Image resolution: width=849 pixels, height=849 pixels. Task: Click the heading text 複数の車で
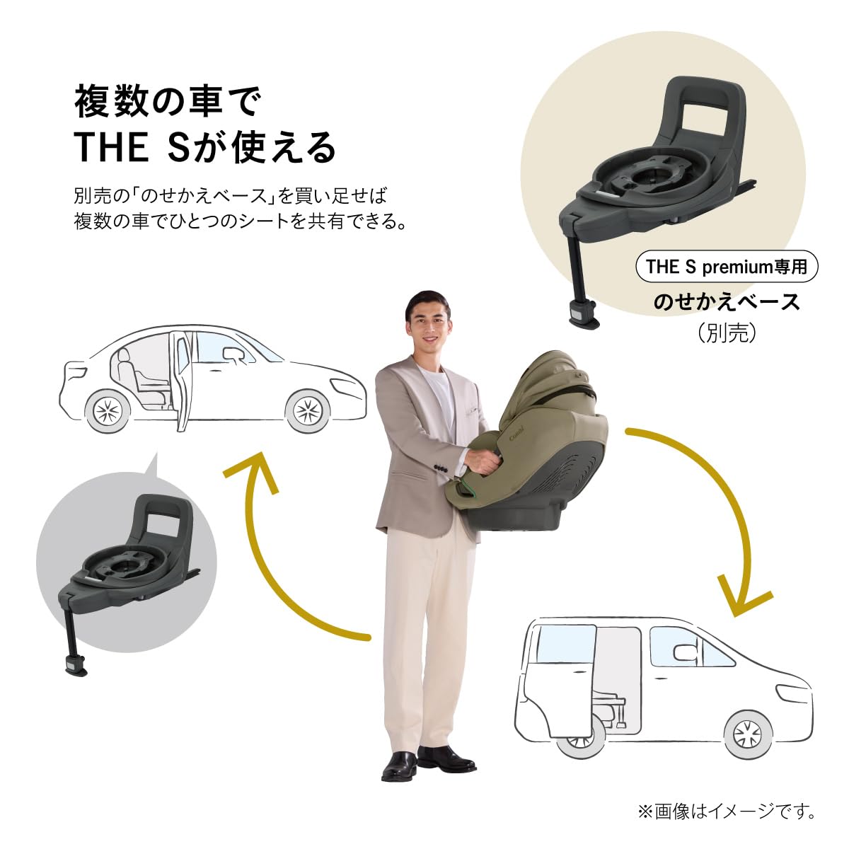pyautogui.click(x=168, y=103)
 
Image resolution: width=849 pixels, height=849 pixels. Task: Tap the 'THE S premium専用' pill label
pyautogui.click(x=727, y=267)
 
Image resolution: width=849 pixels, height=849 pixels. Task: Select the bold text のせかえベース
pyautogui.click(x=727, y=302)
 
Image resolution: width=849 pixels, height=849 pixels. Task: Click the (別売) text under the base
pyautogui.click(x=727, y=333)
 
